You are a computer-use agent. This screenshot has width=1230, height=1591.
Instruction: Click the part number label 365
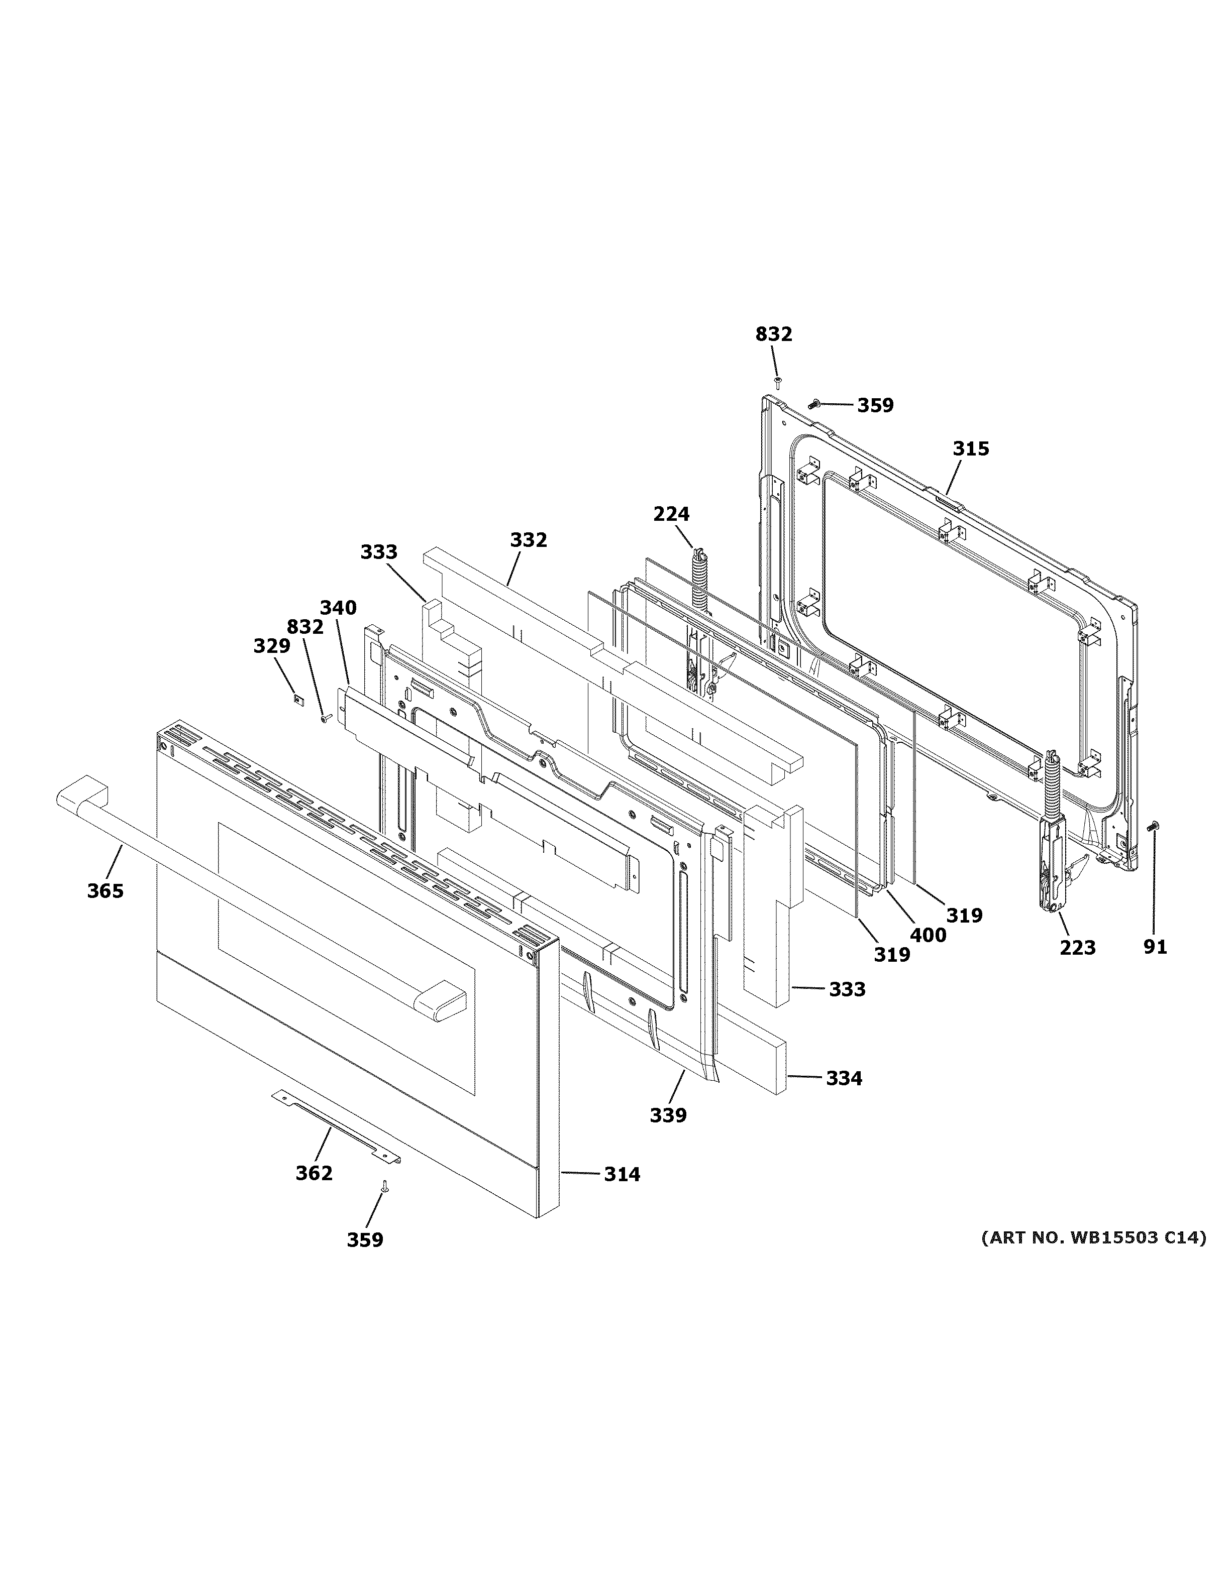click(x=105, y=891)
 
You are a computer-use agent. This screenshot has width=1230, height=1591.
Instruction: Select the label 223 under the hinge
click(x=1078, y=948)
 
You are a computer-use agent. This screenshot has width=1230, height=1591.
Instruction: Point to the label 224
click(x=671, y=514)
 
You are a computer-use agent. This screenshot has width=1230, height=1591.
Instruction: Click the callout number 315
click(x=971, y=449)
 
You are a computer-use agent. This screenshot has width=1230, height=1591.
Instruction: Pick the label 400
click(x=929, y=935)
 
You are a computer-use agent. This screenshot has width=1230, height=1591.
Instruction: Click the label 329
click(x=272, y=646)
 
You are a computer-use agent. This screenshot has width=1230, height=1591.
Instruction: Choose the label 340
click(x=338, y=608)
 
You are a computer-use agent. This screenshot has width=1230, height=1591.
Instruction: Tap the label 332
click(x=528, y=540)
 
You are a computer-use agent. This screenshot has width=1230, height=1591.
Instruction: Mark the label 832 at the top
click(x=773, y=334)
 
